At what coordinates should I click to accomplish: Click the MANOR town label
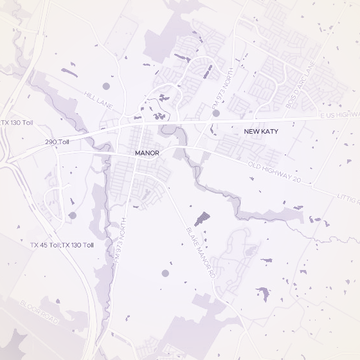(147, 153)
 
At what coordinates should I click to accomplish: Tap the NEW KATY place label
(260, 131)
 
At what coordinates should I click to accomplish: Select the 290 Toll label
(57, 141)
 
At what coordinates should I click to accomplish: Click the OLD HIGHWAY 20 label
(274, 171)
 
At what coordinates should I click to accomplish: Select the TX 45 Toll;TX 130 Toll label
(62, 245)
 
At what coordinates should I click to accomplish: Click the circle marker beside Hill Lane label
(107, 86)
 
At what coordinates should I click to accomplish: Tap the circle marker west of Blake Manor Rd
(165, 273)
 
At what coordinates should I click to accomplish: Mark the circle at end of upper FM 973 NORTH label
(216, 113)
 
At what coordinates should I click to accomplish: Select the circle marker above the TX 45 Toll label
(72, 216)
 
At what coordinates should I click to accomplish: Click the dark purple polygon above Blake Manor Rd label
(201, 218)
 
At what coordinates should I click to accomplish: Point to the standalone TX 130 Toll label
(17, 122)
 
